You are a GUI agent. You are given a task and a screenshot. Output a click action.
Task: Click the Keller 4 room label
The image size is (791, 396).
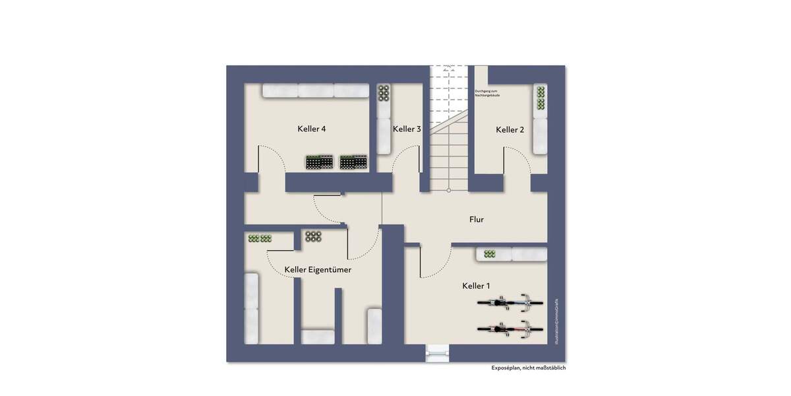tap(312, 129)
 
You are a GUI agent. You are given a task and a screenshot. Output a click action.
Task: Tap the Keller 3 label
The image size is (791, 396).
tap(407, 129)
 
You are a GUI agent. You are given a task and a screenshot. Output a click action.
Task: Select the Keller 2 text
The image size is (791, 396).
tap(510, 130)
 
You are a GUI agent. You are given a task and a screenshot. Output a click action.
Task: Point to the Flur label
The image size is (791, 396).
tap(477, 219)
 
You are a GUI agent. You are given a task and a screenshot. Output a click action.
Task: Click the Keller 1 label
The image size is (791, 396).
tap(475, 286)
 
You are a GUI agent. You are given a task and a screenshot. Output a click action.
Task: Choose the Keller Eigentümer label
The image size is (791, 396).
tap(318, 270)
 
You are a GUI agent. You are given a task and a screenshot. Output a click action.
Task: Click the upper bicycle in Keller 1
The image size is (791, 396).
tap(510, 304)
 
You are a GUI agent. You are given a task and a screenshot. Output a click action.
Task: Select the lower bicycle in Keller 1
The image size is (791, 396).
tap(510, 329)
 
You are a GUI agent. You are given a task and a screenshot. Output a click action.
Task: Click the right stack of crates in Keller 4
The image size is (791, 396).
tap(354, 162)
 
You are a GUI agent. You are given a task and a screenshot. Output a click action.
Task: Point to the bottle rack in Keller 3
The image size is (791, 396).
tap(384, 94)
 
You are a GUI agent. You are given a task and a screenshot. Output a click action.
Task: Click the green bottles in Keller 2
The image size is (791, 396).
tap(541, 98)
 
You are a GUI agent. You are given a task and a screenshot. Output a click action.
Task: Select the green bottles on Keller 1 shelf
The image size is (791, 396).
tap(490, 254)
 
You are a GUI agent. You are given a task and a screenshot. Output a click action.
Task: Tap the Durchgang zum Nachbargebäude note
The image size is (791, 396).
tap(487, 94)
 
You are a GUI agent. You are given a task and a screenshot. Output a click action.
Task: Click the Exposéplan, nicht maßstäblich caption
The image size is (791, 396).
tap(528, 368)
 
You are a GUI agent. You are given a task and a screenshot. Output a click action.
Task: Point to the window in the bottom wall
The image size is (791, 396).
tap(436, 354)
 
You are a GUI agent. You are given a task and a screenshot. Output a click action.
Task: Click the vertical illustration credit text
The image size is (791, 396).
tap(556, 320)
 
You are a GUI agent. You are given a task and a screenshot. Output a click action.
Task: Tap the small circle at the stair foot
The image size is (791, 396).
tap(448, 191)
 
